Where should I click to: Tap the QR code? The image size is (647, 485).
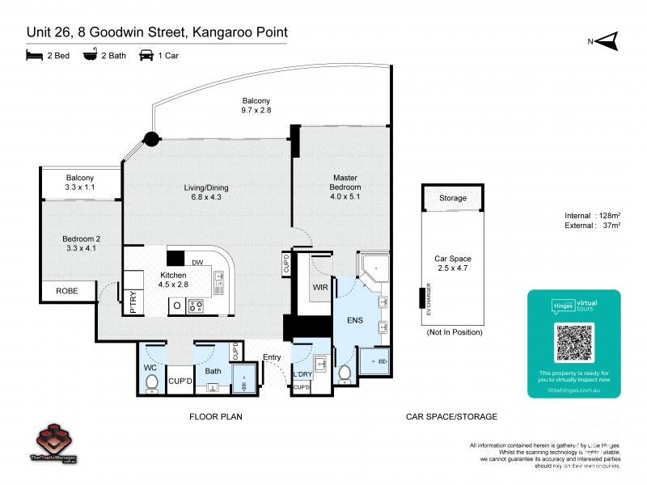(574, 344)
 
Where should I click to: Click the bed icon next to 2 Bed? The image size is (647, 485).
(33, 55)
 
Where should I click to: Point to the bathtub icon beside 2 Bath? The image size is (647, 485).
(90, 55)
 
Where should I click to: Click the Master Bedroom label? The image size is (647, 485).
(345, 187)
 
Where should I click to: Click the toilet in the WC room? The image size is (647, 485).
(151, 383)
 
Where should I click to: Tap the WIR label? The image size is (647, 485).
(319, 287)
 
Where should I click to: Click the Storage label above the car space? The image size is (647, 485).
(453, 198)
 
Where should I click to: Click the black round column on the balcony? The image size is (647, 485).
(150, 139)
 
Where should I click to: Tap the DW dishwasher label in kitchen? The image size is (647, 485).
(198, 262)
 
